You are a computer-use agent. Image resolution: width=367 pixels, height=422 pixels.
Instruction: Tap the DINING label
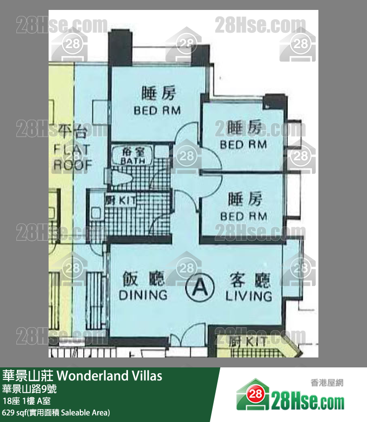(143, 295)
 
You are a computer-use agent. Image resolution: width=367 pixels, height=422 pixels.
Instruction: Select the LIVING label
(248, 296)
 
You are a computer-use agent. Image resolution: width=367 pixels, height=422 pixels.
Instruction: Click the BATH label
(132, 161)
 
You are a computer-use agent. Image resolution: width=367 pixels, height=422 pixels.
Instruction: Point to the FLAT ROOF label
(72, 157)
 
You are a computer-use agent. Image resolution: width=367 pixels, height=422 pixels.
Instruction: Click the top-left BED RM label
(157, 110)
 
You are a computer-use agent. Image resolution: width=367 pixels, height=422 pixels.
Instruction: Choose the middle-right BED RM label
(244, 144)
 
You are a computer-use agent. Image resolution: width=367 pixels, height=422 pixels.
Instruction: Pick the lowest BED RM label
(244, 216)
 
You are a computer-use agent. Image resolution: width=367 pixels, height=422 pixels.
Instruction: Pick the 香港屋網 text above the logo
(326, 382)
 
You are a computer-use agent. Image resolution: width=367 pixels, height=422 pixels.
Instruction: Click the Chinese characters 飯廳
(136, 280)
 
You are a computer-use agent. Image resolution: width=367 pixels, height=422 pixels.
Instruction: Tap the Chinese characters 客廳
(250, 281)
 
